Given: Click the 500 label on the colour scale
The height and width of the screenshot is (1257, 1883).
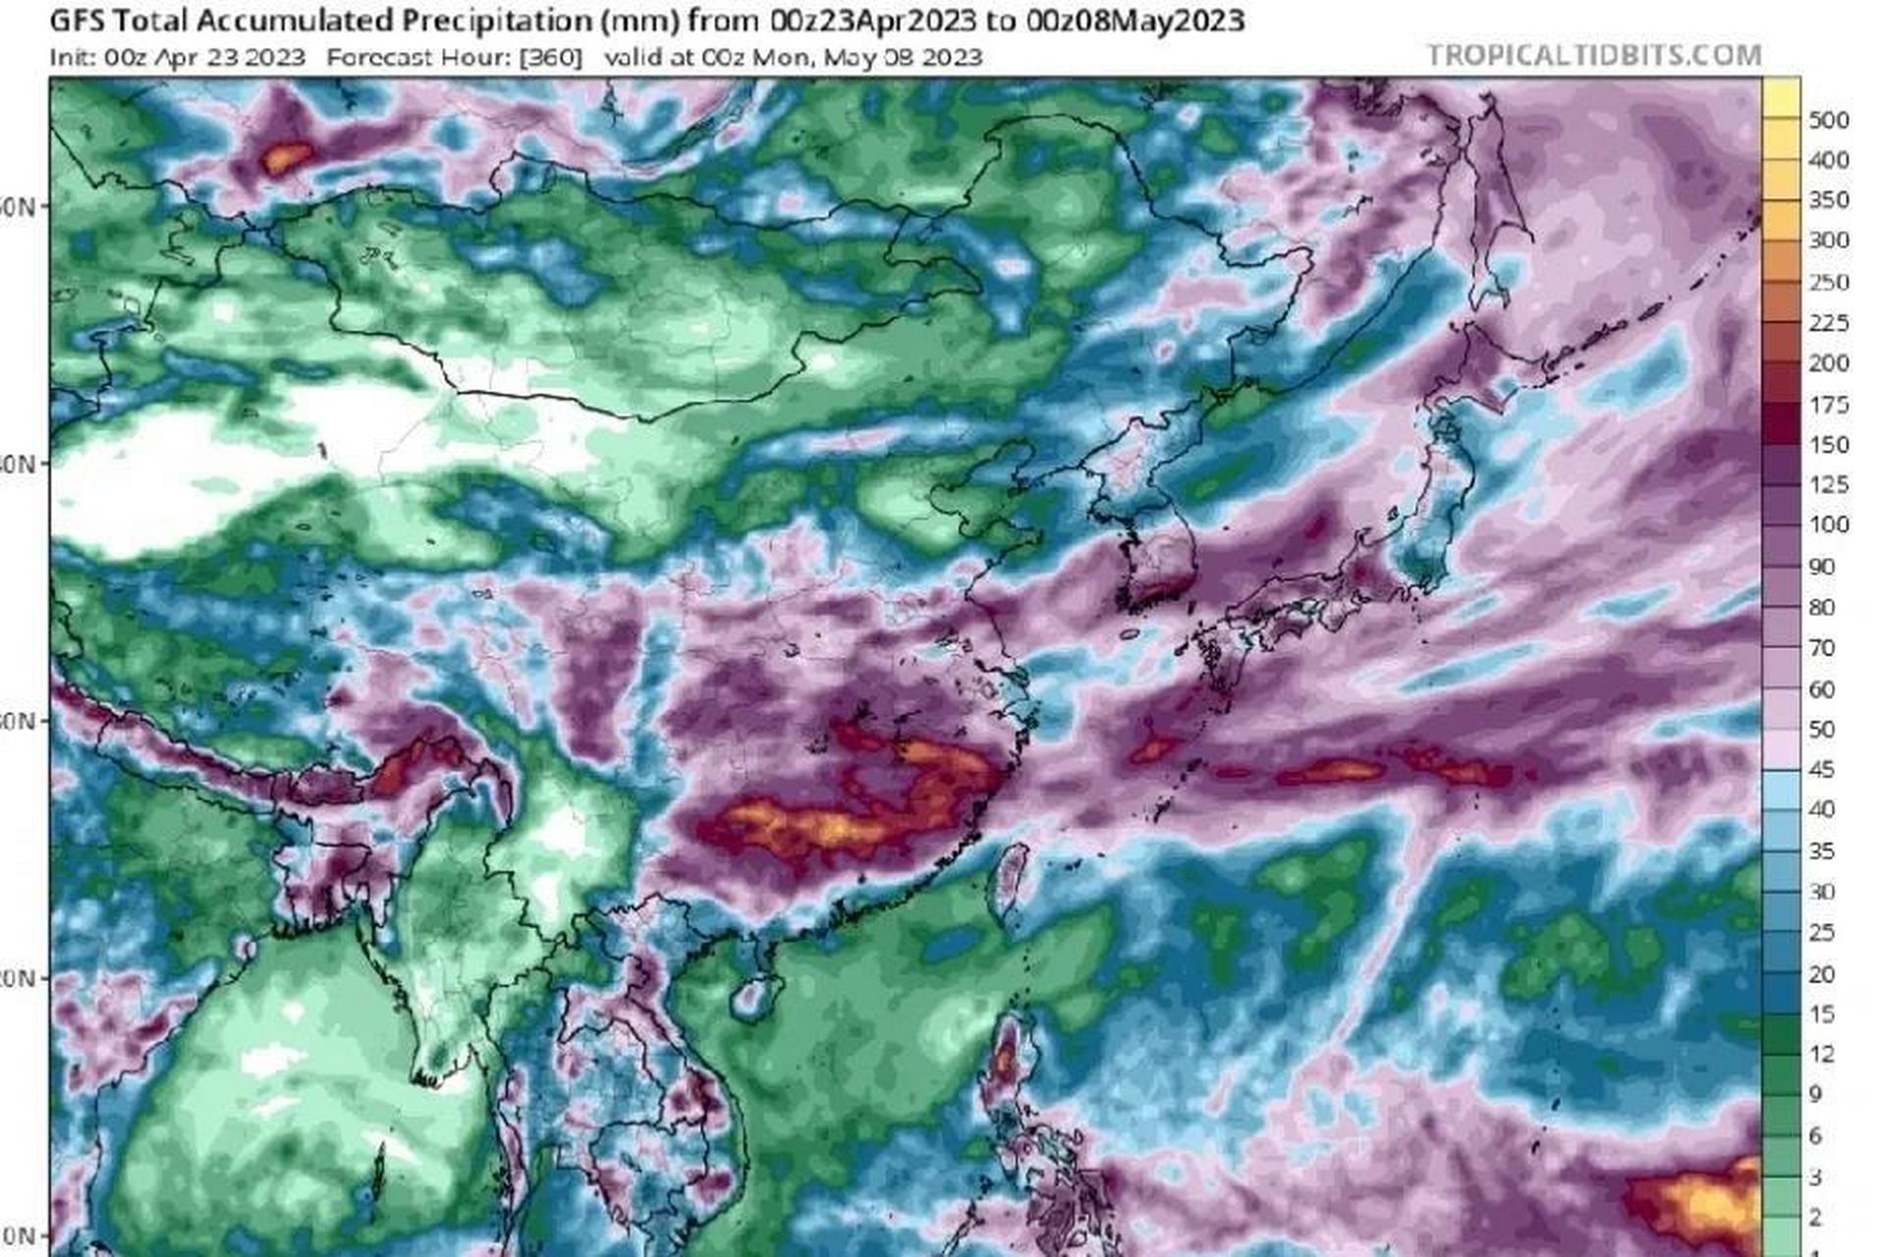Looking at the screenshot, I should coord(1828,120).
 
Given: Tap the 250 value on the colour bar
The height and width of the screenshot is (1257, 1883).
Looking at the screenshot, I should coord(1828,282).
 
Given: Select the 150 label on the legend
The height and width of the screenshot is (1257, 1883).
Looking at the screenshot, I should coord(1828,445).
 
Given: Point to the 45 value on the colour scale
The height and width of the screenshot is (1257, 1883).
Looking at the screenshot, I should coord(1821,769).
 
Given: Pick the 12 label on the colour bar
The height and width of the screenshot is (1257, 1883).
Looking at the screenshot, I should coord(1821,1054).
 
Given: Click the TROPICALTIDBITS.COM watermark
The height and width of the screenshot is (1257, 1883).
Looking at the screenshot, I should coord(1593,55).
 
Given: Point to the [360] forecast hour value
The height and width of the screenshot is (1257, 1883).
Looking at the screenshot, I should coord(550,57).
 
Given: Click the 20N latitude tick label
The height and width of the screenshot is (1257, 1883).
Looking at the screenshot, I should coord(18,978).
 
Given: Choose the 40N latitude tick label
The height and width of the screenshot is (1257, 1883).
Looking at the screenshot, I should coord(18,464).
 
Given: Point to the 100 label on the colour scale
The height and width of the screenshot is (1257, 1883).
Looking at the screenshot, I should coord(1828,524).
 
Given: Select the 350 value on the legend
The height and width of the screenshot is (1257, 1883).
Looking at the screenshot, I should coord(1828,200).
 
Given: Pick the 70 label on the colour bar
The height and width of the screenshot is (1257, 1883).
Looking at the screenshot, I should coord(1821,647).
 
